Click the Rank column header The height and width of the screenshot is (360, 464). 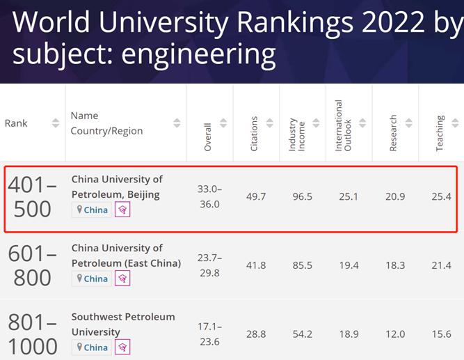[16, 123]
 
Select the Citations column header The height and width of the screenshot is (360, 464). [254, 134]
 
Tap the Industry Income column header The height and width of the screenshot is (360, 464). [297, 134]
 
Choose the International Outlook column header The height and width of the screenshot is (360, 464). [343, 125]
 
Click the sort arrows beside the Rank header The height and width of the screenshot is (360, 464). [56, 123]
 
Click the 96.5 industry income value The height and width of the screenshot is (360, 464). [303, 196]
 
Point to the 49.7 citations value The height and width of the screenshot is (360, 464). [256, 196]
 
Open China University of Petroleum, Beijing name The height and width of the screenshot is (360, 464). [117, 186]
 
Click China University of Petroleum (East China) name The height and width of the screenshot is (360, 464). [126, 256]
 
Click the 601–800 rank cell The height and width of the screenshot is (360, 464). [32, 266]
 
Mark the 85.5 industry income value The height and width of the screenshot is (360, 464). [303, 265]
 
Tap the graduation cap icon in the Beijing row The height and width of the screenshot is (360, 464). [122, 210]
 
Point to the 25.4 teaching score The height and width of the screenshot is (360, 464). [441, 196]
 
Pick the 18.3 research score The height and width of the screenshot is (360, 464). [395, 265]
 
